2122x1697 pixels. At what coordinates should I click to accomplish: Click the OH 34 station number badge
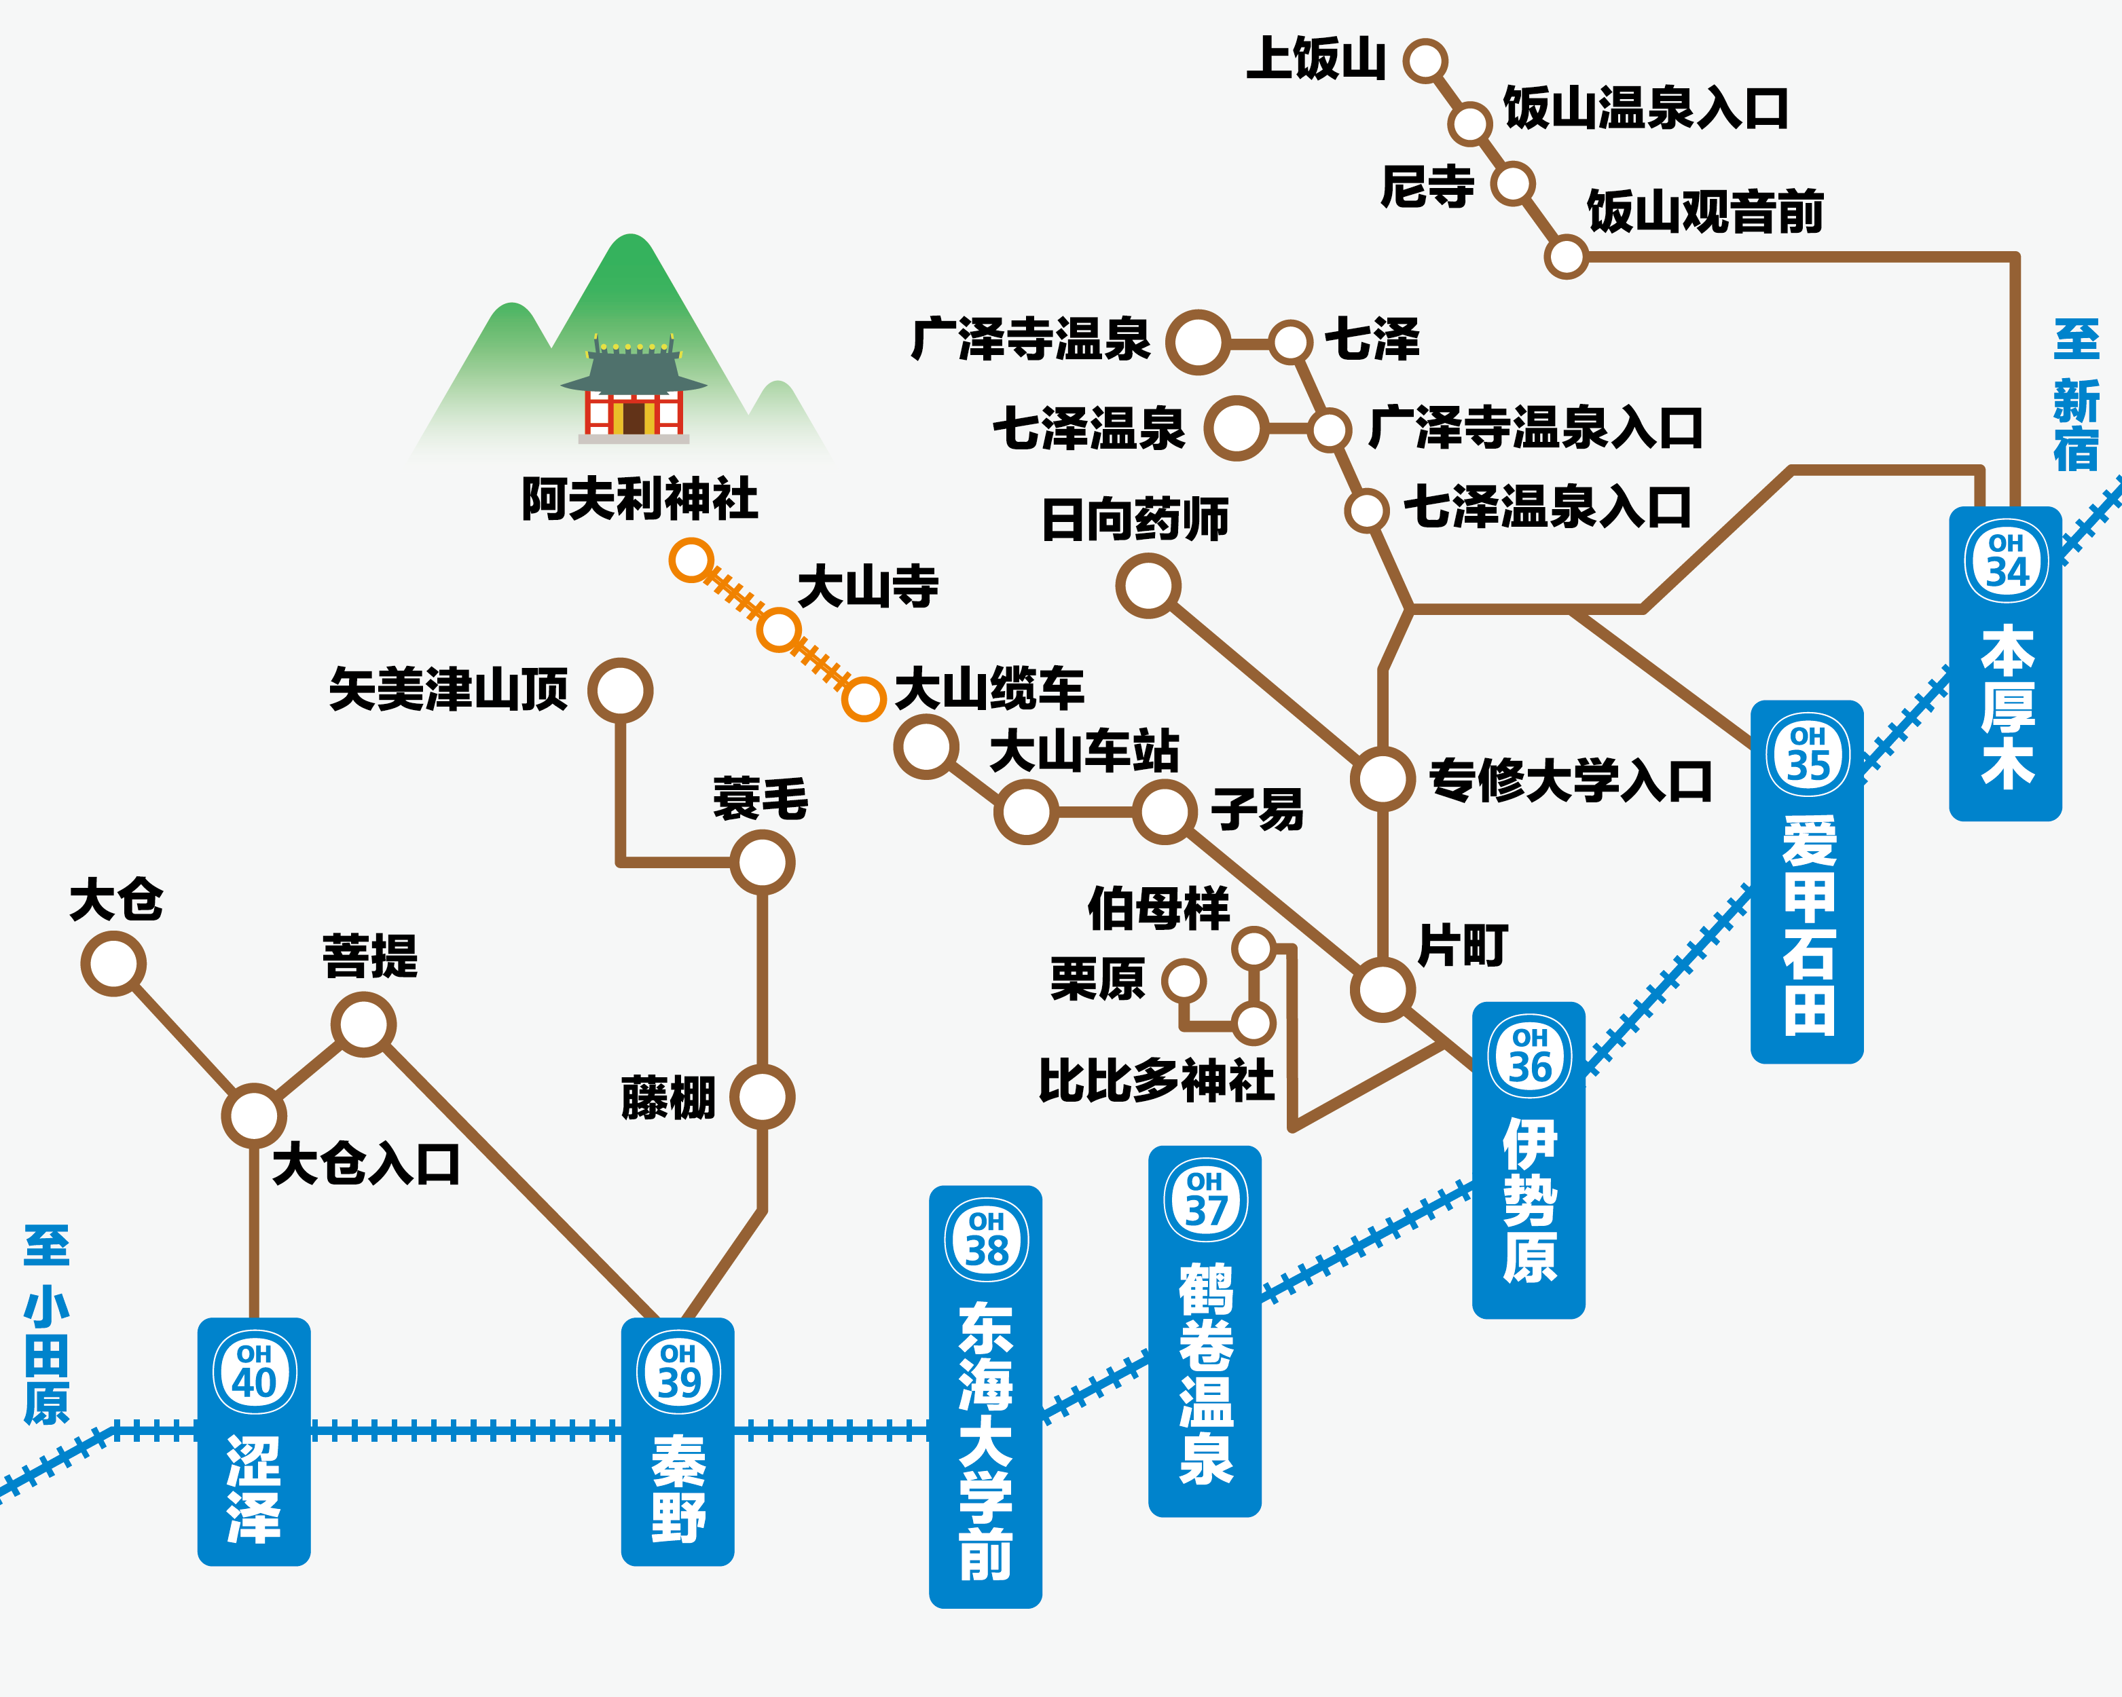(2006, 561)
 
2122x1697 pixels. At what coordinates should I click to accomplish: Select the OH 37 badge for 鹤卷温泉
(1205, 1199)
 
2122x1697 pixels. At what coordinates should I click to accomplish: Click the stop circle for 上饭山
(1425, 61)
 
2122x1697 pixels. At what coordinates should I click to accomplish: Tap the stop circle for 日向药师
(1148, 585)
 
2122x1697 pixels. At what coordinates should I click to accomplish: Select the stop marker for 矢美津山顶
(620, 690)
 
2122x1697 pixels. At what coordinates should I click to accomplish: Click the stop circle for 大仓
(113, 963)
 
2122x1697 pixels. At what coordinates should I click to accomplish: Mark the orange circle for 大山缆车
(863, 698)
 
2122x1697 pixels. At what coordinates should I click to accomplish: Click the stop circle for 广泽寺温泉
(1198, 342)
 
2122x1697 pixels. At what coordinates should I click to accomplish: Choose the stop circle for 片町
(1383, 990)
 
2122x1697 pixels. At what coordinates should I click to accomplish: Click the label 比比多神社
(1158, 1079)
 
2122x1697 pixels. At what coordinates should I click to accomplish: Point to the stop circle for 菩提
(363, 1024)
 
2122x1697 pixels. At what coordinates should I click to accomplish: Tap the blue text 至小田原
(46, 1324)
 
